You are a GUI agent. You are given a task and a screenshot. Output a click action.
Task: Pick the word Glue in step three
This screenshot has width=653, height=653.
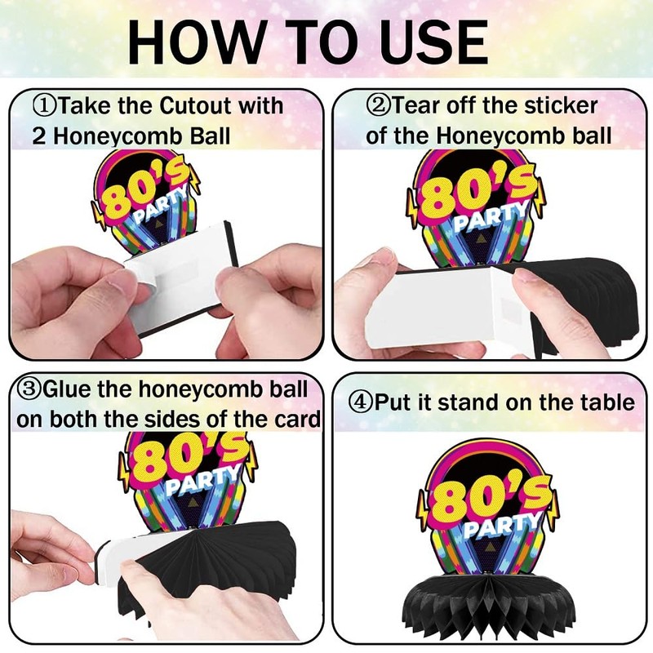pyautogui.click(x=67, y=389)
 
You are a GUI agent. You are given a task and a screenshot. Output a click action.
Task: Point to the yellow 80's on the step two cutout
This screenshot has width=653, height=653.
pyautogui.click(x=475, y=192)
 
